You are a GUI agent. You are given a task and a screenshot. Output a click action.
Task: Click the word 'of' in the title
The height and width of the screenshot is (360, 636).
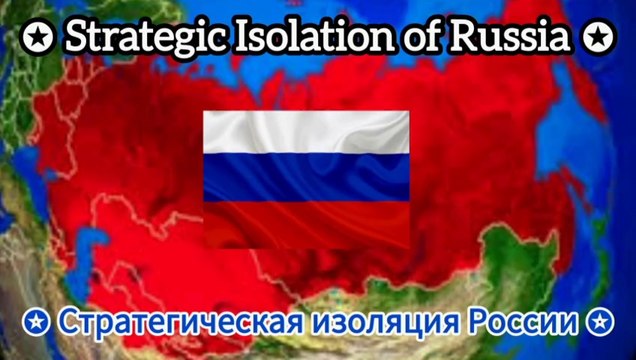click(407, 37)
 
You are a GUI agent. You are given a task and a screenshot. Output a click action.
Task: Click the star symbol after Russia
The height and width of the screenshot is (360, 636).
click(597, 38)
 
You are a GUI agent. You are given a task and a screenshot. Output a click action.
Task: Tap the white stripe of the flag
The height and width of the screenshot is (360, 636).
click(306, 132)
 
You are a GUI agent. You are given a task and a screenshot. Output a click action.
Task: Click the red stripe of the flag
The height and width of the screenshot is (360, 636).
click(306, 220)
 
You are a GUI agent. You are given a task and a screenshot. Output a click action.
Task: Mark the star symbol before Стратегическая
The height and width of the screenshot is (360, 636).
click(35, 323)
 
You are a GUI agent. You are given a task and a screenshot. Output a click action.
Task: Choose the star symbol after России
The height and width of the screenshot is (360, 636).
click(599, 323)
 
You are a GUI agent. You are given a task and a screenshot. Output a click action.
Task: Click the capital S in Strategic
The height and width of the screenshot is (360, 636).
click(76, 37)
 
